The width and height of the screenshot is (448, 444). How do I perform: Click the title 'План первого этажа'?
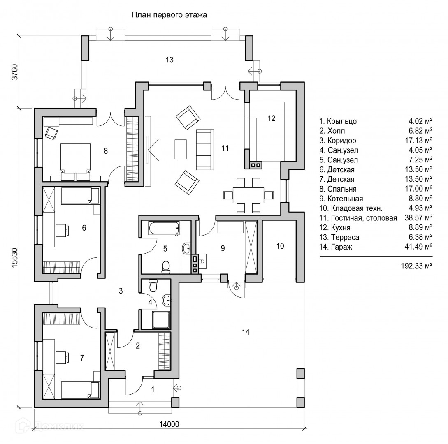point(169,15)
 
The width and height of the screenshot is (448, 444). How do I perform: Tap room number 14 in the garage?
point(246,332)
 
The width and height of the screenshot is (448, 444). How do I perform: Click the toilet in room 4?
point(153,285)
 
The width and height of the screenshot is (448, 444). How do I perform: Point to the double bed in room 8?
point(75,158)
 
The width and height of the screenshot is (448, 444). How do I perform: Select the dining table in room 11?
point(248,194)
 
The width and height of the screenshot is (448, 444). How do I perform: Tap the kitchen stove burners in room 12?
point(255,165)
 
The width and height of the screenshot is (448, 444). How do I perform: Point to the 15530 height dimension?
point(14,257)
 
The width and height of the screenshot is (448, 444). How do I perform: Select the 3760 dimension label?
point(14,72)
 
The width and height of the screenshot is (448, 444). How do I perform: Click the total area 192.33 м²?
point(416,266)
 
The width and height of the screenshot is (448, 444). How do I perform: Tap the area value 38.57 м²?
point(416,218)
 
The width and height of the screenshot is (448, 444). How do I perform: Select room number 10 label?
point(280,246)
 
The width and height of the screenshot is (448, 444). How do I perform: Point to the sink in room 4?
point(167,301)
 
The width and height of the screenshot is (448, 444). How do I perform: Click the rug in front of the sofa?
point(181,149)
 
